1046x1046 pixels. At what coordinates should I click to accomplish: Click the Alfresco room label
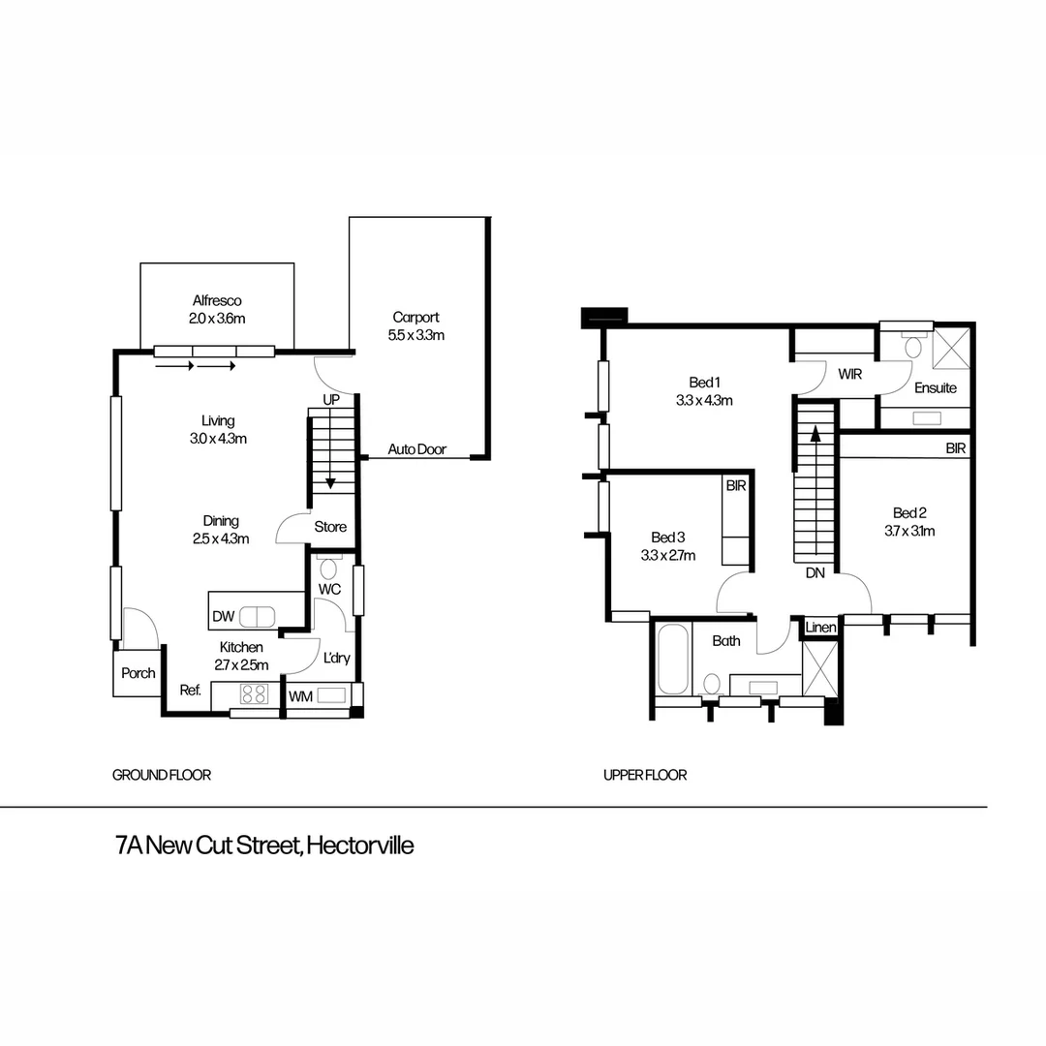pos(216,300)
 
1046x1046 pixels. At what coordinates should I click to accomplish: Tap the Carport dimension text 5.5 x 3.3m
pos(415,335)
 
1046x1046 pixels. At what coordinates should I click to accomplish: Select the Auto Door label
pos(416,449)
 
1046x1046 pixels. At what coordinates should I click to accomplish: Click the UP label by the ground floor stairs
pos(331,400)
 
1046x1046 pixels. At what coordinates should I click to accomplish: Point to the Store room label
pos(330,528)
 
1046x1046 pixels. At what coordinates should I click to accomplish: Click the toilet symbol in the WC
pos(327,569)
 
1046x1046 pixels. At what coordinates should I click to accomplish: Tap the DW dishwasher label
pos(223,615)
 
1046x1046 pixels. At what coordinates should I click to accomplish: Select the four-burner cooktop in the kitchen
pos(254,693)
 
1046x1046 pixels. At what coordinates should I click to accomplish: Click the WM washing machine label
pos(300,695)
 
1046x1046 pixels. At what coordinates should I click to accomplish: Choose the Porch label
pos(138,673)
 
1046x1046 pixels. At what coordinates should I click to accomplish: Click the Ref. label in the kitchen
pos(190,691)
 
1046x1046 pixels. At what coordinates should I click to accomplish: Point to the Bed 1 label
pos(704,382)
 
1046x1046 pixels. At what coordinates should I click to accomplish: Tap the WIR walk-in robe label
pos(849,373)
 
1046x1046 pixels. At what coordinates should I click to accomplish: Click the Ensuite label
pos(936,387)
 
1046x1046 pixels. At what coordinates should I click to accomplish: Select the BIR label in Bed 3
pos(735,486)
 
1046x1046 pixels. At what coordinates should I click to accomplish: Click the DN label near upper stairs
pos(815,572)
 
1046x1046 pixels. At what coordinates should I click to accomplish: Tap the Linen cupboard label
pos(820,628)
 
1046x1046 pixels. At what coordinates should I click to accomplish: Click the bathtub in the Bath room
pos(672,659)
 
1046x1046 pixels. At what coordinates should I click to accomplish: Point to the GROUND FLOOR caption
pos(162,775)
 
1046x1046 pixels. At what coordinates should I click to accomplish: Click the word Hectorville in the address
pos(359,846)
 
